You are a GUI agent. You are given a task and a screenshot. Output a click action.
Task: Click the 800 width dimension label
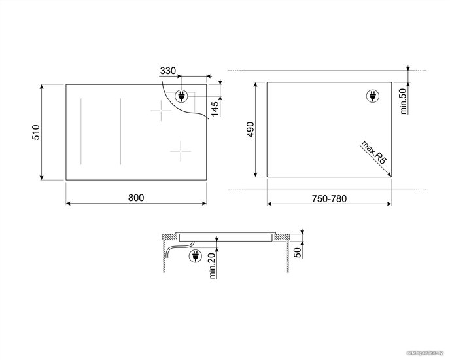pyautogui.click(x=136, y=198)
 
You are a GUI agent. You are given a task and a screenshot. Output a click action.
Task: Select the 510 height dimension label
pyautogui.click(x=36, y=132)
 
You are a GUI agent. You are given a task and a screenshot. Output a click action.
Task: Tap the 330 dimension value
pyautogui.click(x=168, y=71)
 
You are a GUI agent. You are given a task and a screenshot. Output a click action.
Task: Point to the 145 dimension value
pyautogui.click(x=215, y=109)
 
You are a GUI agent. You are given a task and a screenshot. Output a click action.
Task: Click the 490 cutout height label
pyautogui.click(x=251, y=130)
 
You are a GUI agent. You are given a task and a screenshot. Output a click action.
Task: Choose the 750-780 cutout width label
pyautogui.click(x=329, y=198)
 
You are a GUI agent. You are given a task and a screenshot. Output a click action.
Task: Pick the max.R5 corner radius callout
pyautogui.click(x=373, y=153)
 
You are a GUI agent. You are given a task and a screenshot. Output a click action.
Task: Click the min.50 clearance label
pyautogui.click(x=404, y=101)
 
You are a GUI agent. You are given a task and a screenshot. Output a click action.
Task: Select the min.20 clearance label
pyautogui.click(x=212, y=266)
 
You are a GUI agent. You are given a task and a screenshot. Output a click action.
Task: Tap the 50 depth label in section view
pyautogui.click(x=298, y=252)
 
